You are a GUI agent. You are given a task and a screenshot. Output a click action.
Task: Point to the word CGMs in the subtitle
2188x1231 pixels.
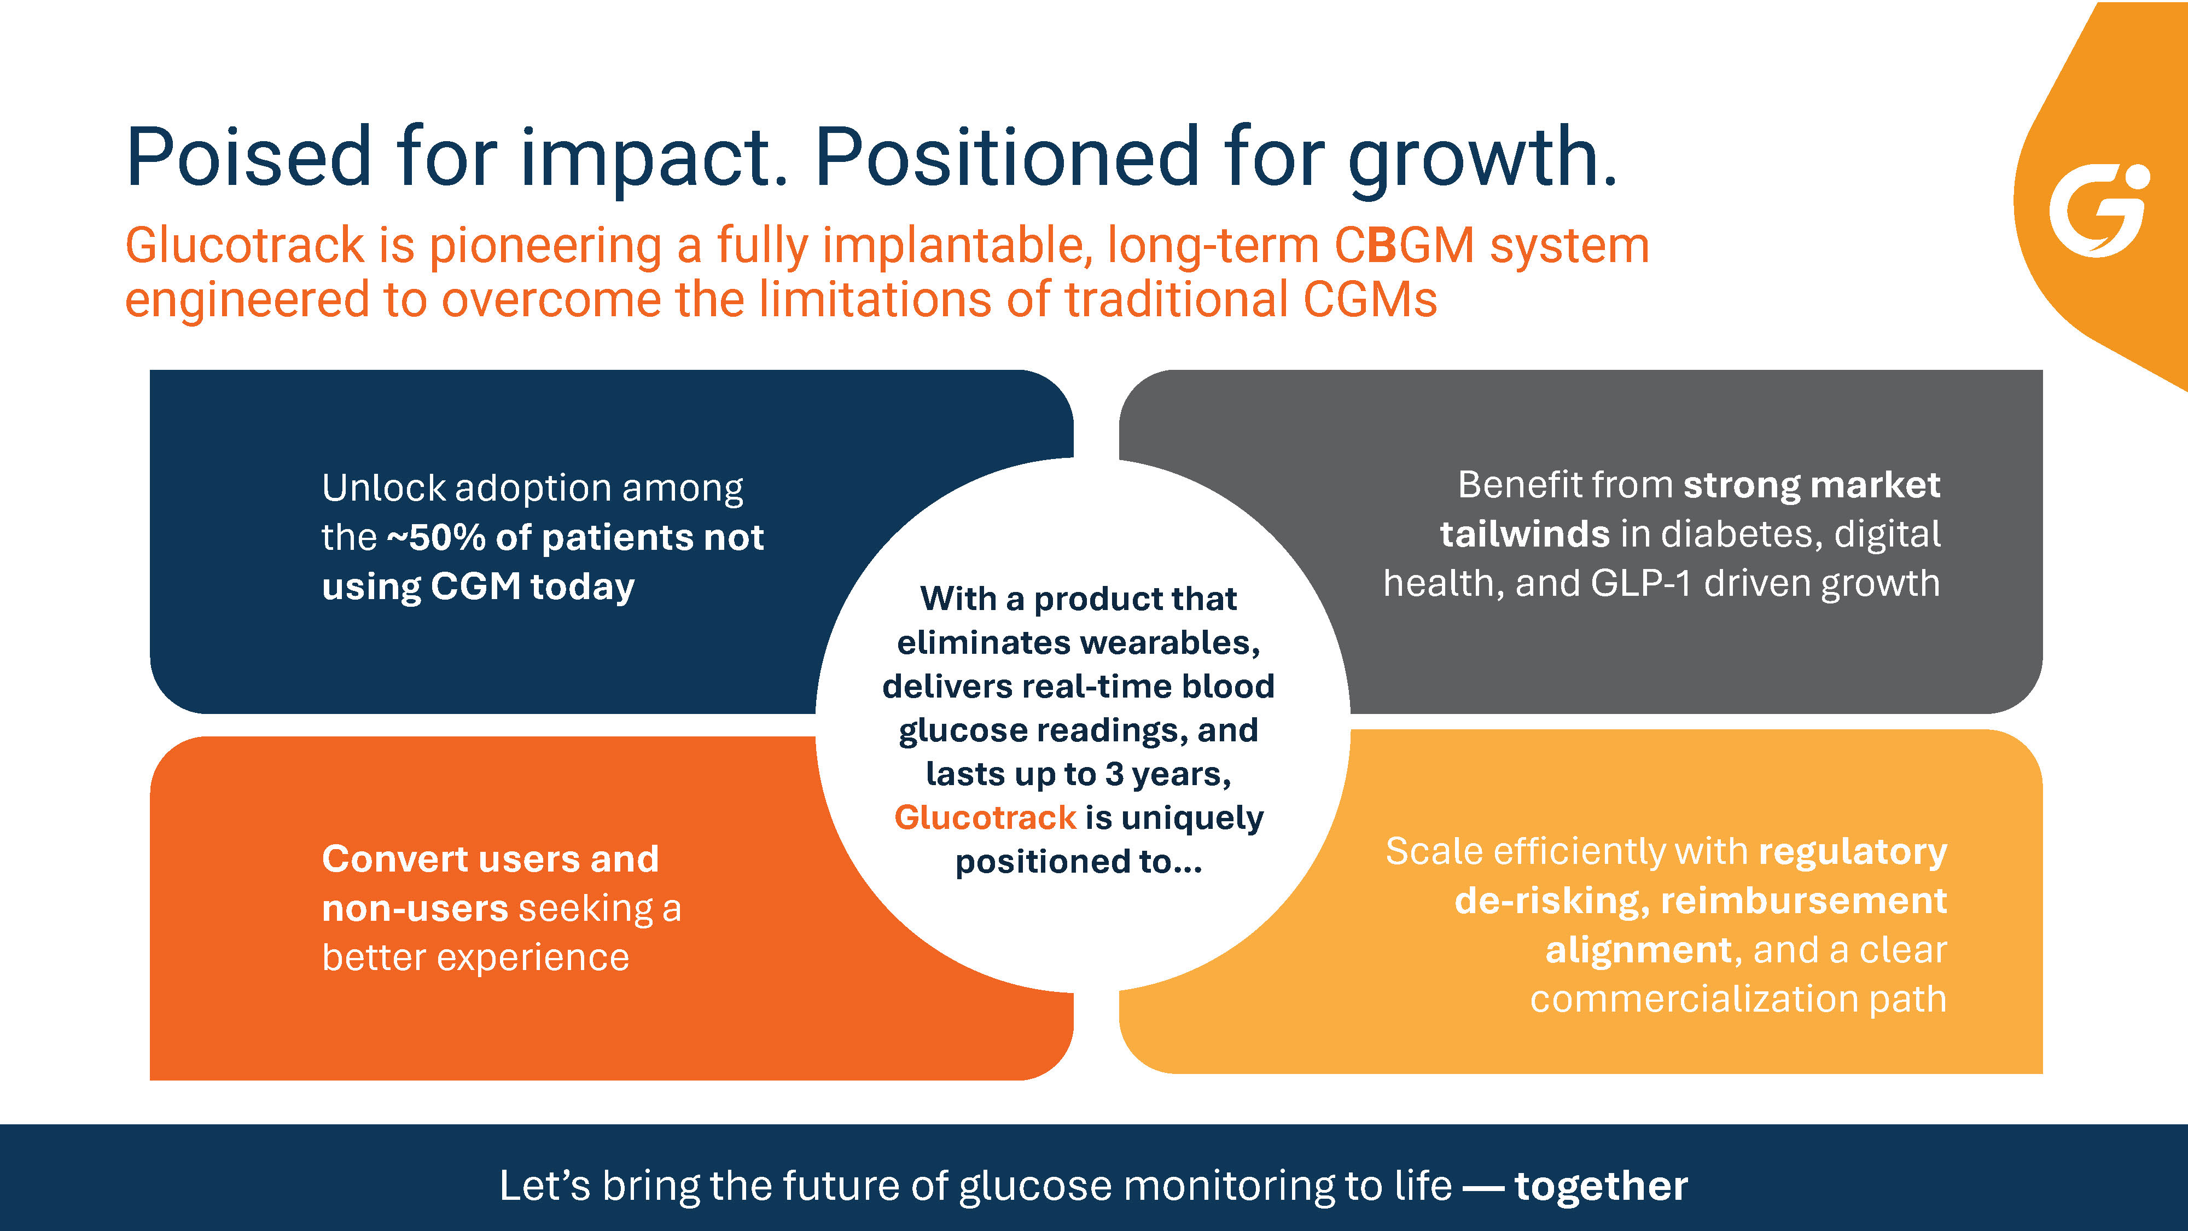point(1369,300)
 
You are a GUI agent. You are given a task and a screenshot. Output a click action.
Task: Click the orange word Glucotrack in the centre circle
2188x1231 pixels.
point(985,817)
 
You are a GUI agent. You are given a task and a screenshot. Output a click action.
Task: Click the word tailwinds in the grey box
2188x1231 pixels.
point(1524,535)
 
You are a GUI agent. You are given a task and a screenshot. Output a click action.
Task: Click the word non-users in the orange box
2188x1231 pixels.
point(415,908)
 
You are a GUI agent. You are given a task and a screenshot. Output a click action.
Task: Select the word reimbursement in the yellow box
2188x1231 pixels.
point(1804,901)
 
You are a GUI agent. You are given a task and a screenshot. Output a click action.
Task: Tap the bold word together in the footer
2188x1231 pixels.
point(1601,1186)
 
